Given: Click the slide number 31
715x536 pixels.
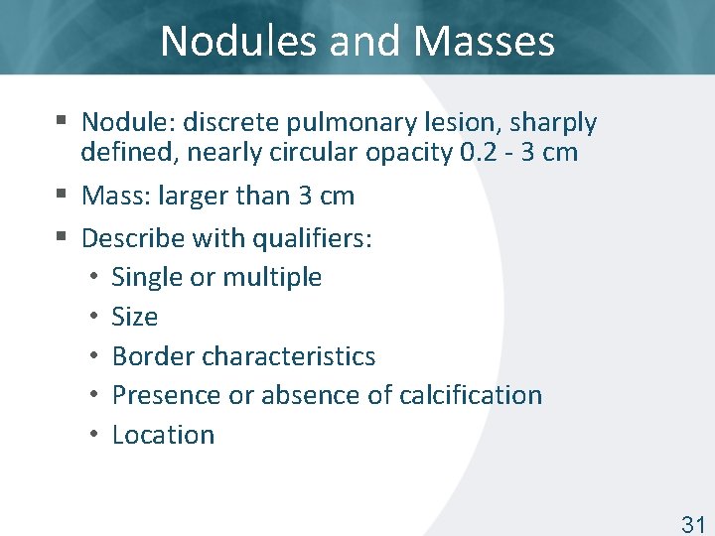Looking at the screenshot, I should coord(692,524).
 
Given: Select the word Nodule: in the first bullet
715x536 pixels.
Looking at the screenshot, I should coord(124,123).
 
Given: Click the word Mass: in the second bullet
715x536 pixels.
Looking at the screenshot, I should coord(115,196).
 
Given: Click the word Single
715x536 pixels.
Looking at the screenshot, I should coord(147,277).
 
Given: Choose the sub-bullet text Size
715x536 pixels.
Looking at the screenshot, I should coord(135,317).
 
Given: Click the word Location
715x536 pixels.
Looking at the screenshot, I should coord(163,435).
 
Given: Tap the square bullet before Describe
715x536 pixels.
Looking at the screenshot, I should coord(62,237).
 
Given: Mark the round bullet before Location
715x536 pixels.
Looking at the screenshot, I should coord(92,435).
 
